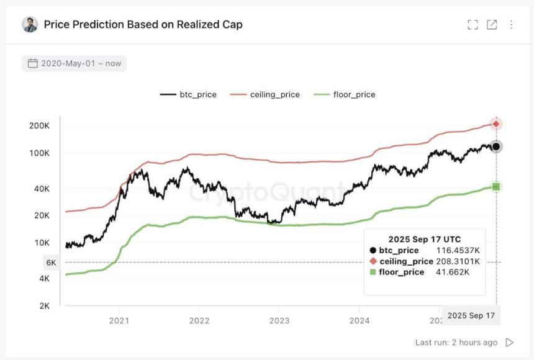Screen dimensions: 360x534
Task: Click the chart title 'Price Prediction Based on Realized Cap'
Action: coord(143,25)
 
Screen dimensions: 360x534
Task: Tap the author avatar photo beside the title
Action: coord(30,25)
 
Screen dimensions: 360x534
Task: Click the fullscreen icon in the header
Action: coord(473,25)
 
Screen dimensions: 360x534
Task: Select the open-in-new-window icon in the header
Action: coord(492,25)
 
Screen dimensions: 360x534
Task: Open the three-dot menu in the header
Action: coord(511,25)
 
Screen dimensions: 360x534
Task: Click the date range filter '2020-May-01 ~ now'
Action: coord(74,63)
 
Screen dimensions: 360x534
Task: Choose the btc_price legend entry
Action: coord(189,94)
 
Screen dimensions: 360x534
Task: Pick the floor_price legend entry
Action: coord(345,94)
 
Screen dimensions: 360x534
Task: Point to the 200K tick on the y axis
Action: coord(39,125)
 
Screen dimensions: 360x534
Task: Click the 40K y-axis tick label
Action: coord(41,189)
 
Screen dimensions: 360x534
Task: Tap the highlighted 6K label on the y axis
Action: coord(51,263)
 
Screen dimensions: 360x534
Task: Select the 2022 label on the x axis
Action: coord(199,320)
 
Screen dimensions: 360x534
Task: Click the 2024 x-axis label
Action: coord(360,320)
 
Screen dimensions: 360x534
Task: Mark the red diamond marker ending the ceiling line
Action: coord(496,124)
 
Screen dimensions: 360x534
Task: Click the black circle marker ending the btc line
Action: coord(496,146)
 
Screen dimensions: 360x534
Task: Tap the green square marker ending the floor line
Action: coord(496,187)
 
